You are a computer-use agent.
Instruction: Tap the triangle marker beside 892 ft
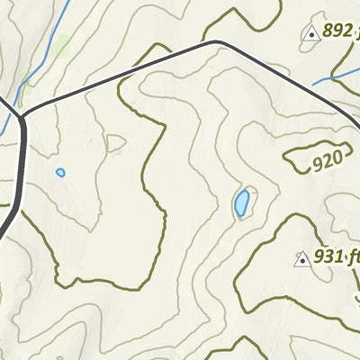(x=311, y=34)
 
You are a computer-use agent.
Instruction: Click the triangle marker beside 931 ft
(x=302, y=259)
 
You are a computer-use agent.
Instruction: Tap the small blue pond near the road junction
(x=60, y=172)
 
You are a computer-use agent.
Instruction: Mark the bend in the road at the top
(x=215, y=41)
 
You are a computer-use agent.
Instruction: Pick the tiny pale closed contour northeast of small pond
(x=115, y=142)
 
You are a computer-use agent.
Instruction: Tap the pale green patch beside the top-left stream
(x=61, y=47)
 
